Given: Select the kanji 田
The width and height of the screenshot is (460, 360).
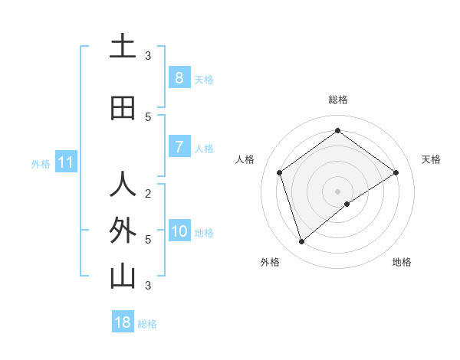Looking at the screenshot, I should point(123,108).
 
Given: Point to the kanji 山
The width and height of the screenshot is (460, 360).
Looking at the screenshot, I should point(123,277).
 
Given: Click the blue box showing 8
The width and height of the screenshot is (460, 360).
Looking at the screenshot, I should point(179,77).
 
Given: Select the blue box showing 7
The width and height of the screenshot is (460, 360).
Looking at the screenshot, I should point(179,147).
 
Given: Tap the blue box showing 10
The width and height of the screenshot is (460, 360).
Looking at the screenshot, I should point(179,231).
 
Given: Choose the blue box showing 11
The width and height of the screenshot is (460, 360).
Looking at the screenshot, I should point(65,162).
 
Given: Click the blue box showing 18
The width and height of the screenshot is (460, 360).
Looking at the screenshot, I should point(123,322).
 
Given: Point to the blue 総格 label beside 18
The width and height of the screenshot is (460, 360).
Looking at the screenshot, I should point(147,324).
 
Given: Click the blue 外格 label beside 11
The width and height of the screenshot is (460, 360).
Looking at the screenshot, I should point(41,163).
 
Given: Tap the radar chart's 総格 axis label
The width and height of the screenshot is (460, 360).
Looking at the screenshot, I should point(337,100).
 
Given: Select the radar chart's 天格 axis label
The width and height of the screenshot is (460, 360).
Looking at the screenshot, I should point(431,159).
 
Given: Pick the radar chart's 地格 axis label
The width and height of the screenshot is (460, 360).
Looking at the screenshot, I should point(402,262).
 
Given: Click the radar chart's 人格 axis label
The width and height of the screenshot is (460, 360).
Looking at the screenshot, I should point(245,159).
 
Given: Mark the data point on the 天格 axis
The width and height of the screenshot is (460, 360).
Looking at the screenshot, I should point(396,172).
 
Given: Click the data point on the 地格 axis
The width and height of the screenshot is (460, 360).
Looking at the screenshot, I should point(347,204).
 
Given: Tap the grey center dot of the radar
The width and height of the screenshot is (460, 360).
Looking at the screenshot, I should point(337,191).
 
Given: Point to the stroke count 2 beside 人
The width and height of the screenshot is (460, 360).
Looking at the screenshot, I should point(148,193).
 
